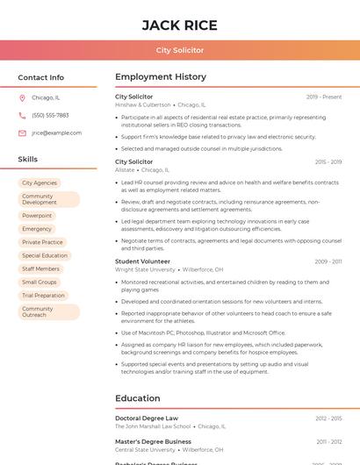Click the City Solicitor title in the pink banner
pos(179,50)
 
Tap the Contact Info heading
pos(40,77)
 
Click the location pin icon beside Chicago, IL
pos(22,97)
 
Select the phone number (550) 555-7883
pos(50,115)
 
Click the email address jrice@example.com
pos(56,132)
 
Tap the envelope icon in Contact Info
pos(22,132)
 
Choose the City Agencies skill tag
pos(40,182)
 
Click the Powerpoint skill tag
pos(37,215)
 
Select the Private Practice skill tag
pos(42,242)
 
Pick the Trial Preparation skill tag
pos(44,296)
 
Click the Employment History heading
pos(161,77)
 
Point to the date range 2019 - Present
pos(324,97)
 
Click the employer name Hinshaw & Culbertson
pos(143,104)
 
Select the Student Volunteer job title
pos(142,261)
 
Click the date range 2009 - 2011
pos(328,261)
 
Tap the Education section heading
pos(137,398)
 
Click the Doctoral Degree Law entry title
pos(147,418)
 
